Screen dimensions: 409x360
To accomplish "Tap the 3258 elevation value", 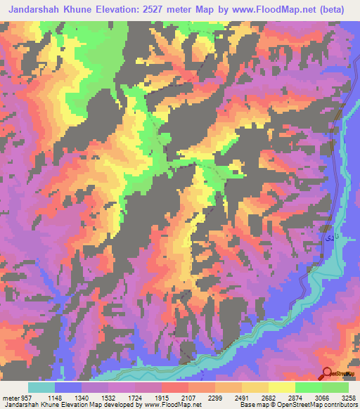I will pos(349,397).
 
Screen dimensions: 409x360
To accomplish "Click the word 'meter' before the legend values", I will pos(9,397).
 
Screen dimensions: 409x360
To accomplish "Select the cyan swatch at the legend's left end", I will pos(41,387).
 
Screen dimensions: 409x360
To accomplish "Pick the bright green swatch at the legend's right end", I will pos(335,387).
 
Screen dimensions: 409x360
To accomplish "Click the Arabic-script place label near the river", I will pos(328,240).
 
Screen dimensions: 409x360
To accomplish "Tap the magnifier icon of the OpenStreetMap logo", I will pos(328,373).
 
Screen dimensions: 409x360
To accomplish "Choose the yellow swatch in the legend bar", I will pos(282,387).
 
